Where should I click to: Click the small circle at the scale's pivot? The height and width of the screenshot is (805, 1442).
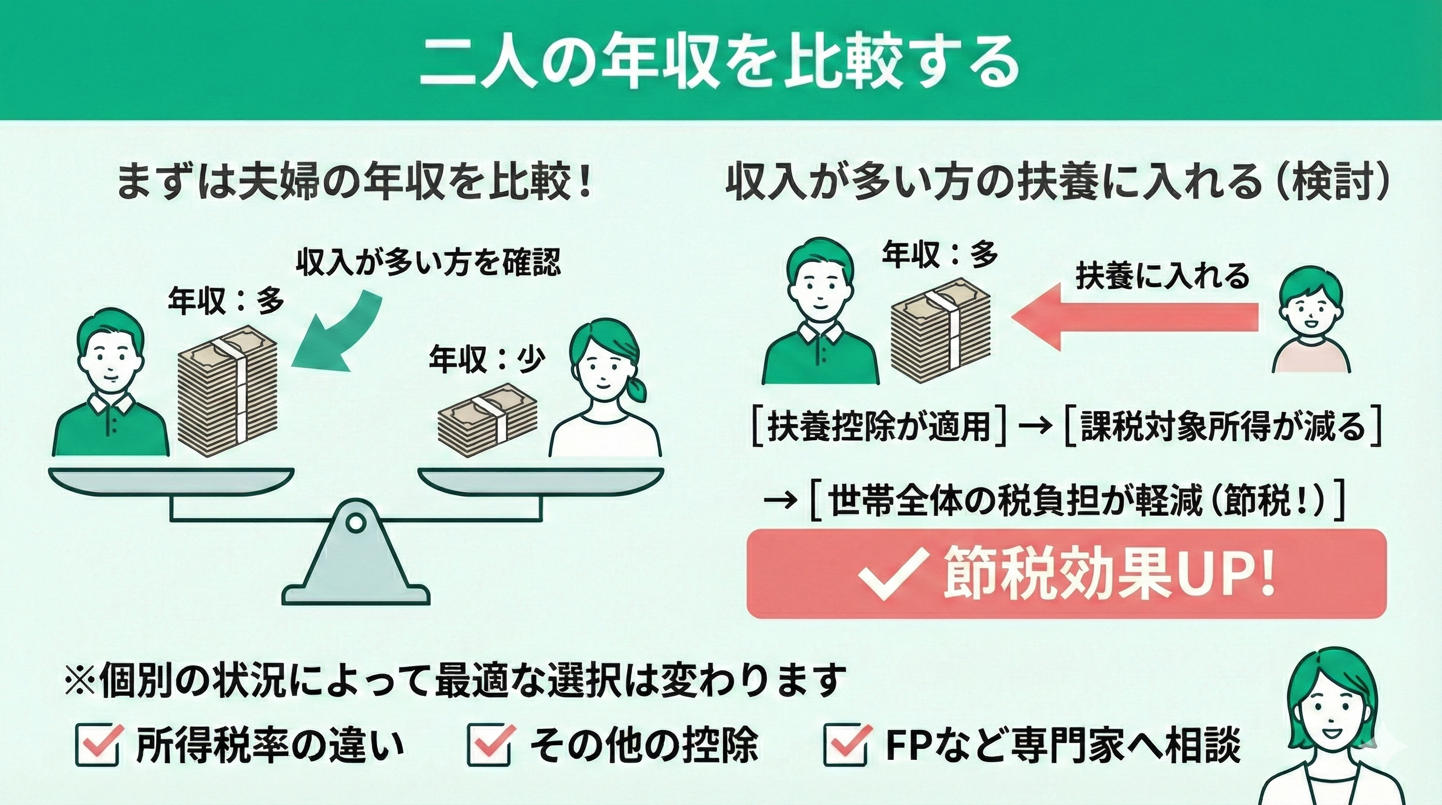354,523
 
